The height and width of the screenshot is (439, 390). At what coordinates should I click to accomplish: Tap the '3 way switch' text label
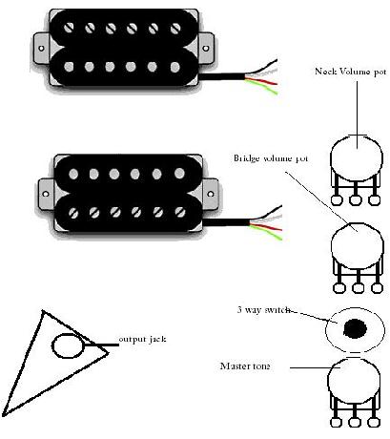pyautogui.click(x=264, y=311)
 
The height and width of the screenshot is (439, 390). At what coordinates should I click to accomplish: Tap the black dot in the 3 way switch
pyautogui.click(x=355, y=329)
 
